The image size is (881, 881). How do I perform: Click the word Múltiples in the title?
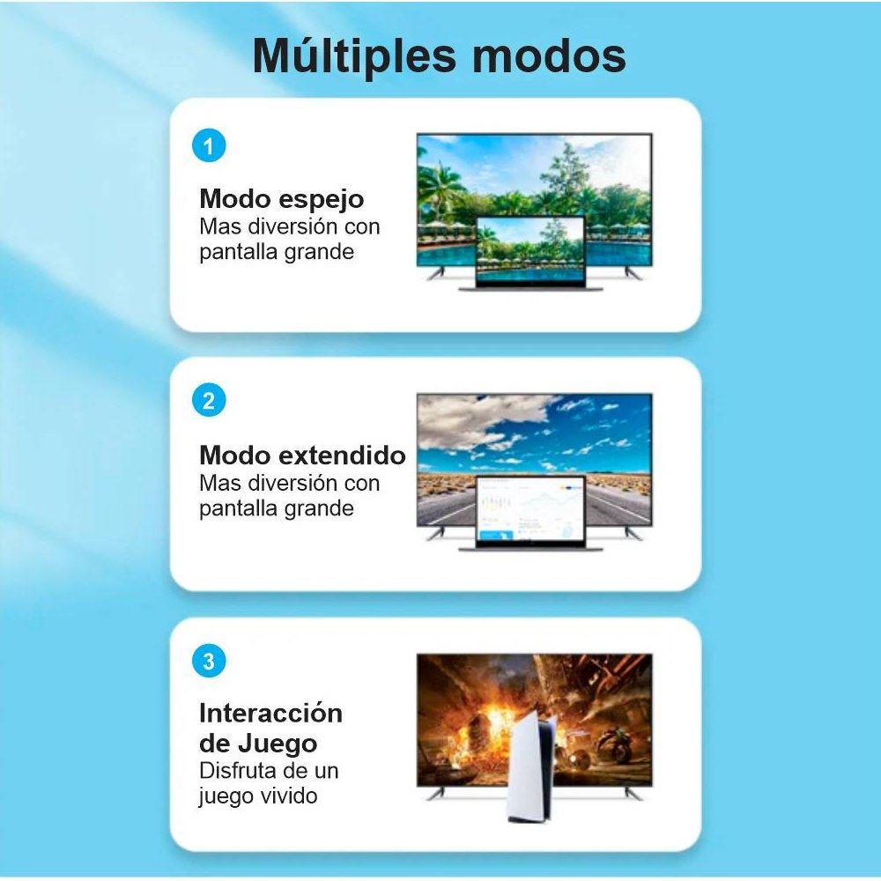[x=354, y=56]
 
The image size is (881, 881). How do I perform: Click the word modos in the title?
[x=549, y=56]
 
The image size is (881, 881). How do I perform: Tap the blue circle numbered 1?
[x=209, y=145]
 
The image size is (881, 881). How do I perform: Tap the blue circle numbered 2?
[x=209, y=401]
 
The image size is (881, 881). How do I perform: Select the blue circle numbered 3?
[x=209, y=661]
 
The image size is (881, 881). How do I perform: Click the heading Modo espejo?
[x=282, y=200]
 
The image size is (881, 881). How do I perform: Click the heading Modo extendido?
[x=302, y=455]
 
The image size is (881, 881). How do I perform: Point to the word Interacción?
[x=270, y=713]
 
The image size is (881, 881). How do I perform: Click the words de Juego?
[x=258, y=744]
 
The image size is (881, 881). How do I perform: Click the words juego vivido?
[x=258, y=796]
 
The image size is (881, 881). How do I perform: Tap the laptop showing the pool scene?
[x=530, y=253]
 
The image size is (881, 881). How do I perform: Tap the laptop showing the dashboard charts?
[x=530, y=513]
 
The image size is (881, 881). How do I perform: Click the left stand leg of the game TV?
[x=435, y=793]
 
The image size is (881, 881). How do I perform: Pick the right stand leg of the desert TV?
[x=633, y=533]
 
